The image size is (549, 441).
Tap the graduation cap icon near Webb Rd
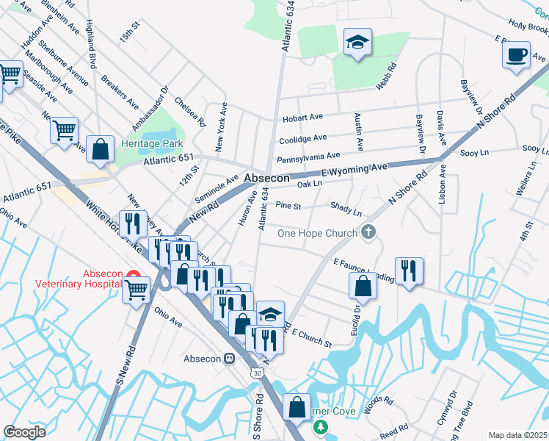(357, 43)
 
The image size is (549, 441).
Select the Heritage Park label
(152, 143)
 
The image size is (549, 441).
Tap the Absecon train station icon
(230, 359)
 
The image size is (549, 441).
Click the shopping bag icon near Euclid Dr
(363, 287)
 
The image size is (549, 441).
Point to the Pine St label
(288, 207)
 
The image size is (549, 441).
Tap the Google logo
(24, 432)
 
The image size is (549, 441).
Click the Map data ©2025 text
(517, 435)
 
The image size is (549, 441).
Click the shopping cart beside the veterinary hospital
(136, 290)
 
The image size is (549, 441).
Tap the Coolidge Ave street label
(302, 138)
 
